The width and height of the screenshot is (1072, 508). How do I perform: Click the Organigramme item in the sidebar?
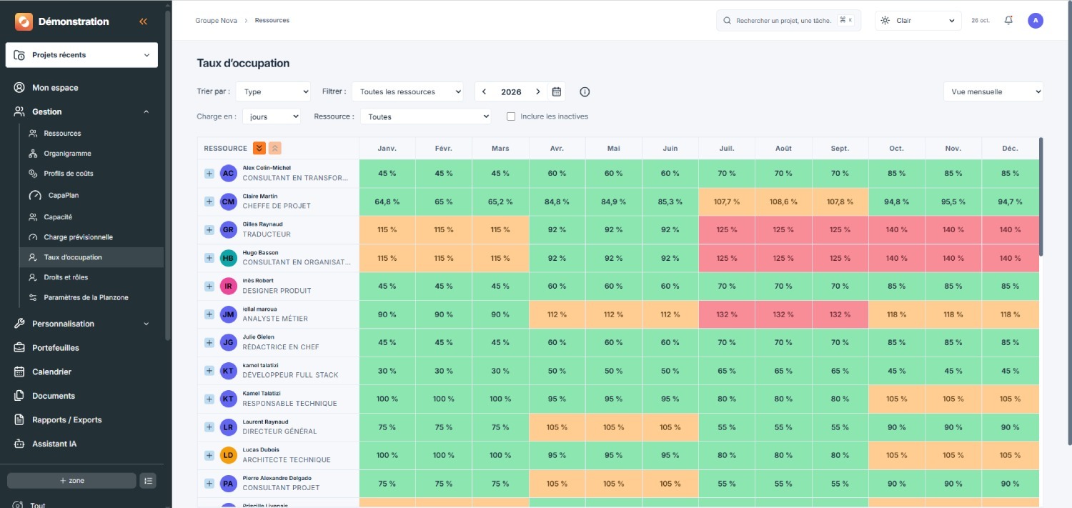[67, 153]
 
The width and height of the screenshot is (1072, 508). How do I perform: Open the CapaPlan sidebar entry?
[63, 195]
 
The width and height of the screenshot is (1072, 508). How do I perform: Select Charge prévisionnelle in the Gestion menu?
[78, 236]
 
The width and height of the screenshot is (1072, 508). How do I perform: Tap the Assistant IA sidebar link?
[54, 444]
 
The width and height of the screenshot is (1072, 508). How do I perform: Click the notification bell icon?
[1008, 20]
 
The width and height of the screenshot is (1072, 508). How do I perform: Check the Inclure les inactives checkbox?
[511, 116]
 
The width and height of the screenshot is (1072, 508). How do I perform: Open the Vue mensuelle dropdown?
[993, 91]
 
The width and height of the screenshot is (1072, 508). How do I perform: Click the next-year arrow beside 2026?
[538, 91]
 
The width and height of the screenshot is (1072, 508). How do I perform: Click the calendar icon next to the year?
[556, 91]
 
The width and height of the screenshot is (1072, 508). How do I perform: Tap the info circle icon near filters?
[585, 91]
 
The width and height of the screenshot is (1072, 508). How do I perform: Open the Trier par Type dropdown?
[273, 91]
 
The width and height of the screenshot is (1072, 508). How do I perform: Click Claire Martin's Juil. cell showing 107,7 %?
[727, 201]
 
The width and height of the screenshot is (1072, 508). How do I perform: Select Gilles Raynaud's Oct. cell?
[896, 229]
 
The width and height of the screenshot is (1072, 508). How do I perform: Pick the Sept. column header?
[840, 149]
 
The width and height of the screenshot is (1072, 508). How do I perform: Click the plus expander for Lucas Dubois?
[209, 455]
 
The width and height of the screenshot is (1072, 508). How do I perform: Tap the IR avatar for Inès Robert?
[228, 286]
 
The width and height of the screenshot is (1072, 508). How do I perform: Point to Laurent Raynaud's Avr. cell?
[557, 427]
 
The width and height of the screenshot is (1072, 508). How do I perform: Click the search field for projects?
[788, 20]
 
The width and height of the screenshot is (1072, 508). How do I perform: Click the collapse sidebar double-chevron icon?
[143, 21]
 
